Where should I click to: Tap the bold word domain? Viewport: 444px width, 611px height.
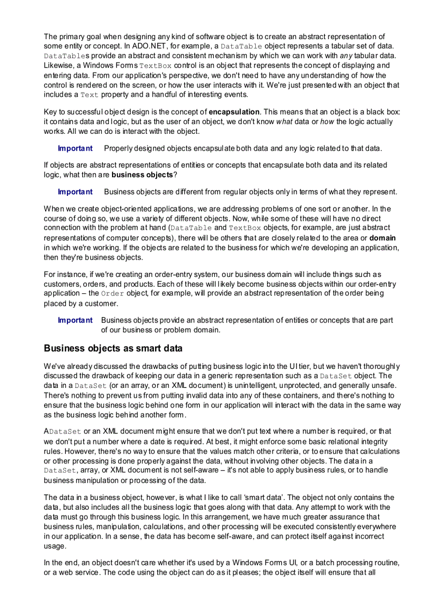[383, 238]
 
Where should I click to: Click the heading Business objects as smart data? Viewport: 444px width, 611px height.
[113, 348]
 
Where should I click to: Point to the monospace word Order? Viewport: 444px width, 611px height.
[113, 293]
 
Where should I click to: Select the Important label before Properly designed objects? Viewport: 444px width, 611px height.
[75, 148]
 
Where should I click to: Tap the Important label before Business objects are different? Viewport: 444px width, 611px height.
[75, 192]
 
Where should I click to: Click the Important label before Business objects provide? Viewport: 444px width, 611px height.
[75, 320]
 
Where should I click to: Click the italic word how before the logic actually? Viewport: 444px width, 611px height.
[327, 121]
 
